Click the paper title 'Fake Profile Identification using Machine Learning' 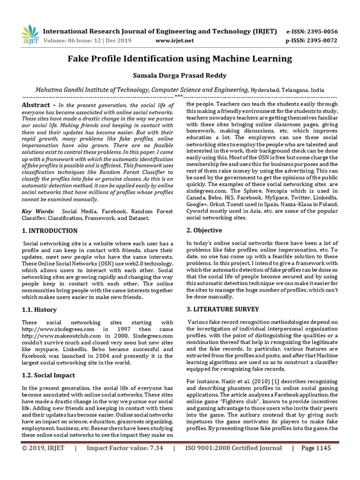tap(180, 59)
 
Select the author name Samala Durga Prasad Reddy tap(180, 75)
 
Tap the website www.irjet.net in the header tap(174, 41)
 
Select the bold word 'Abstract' tap(36, 105)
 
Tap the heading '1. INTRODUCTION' tap(50, 231)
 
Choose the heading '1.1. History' tap(39, 309)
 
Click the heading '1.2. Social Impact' tap(49, 375)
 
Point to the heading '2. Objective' tap(204, 230)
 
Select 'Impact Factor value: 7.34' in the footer tap(125, 448)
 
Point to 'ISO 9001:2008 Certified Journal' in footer tap(233, 448)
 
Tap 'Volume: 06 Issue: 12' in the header tap(72, 41)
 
